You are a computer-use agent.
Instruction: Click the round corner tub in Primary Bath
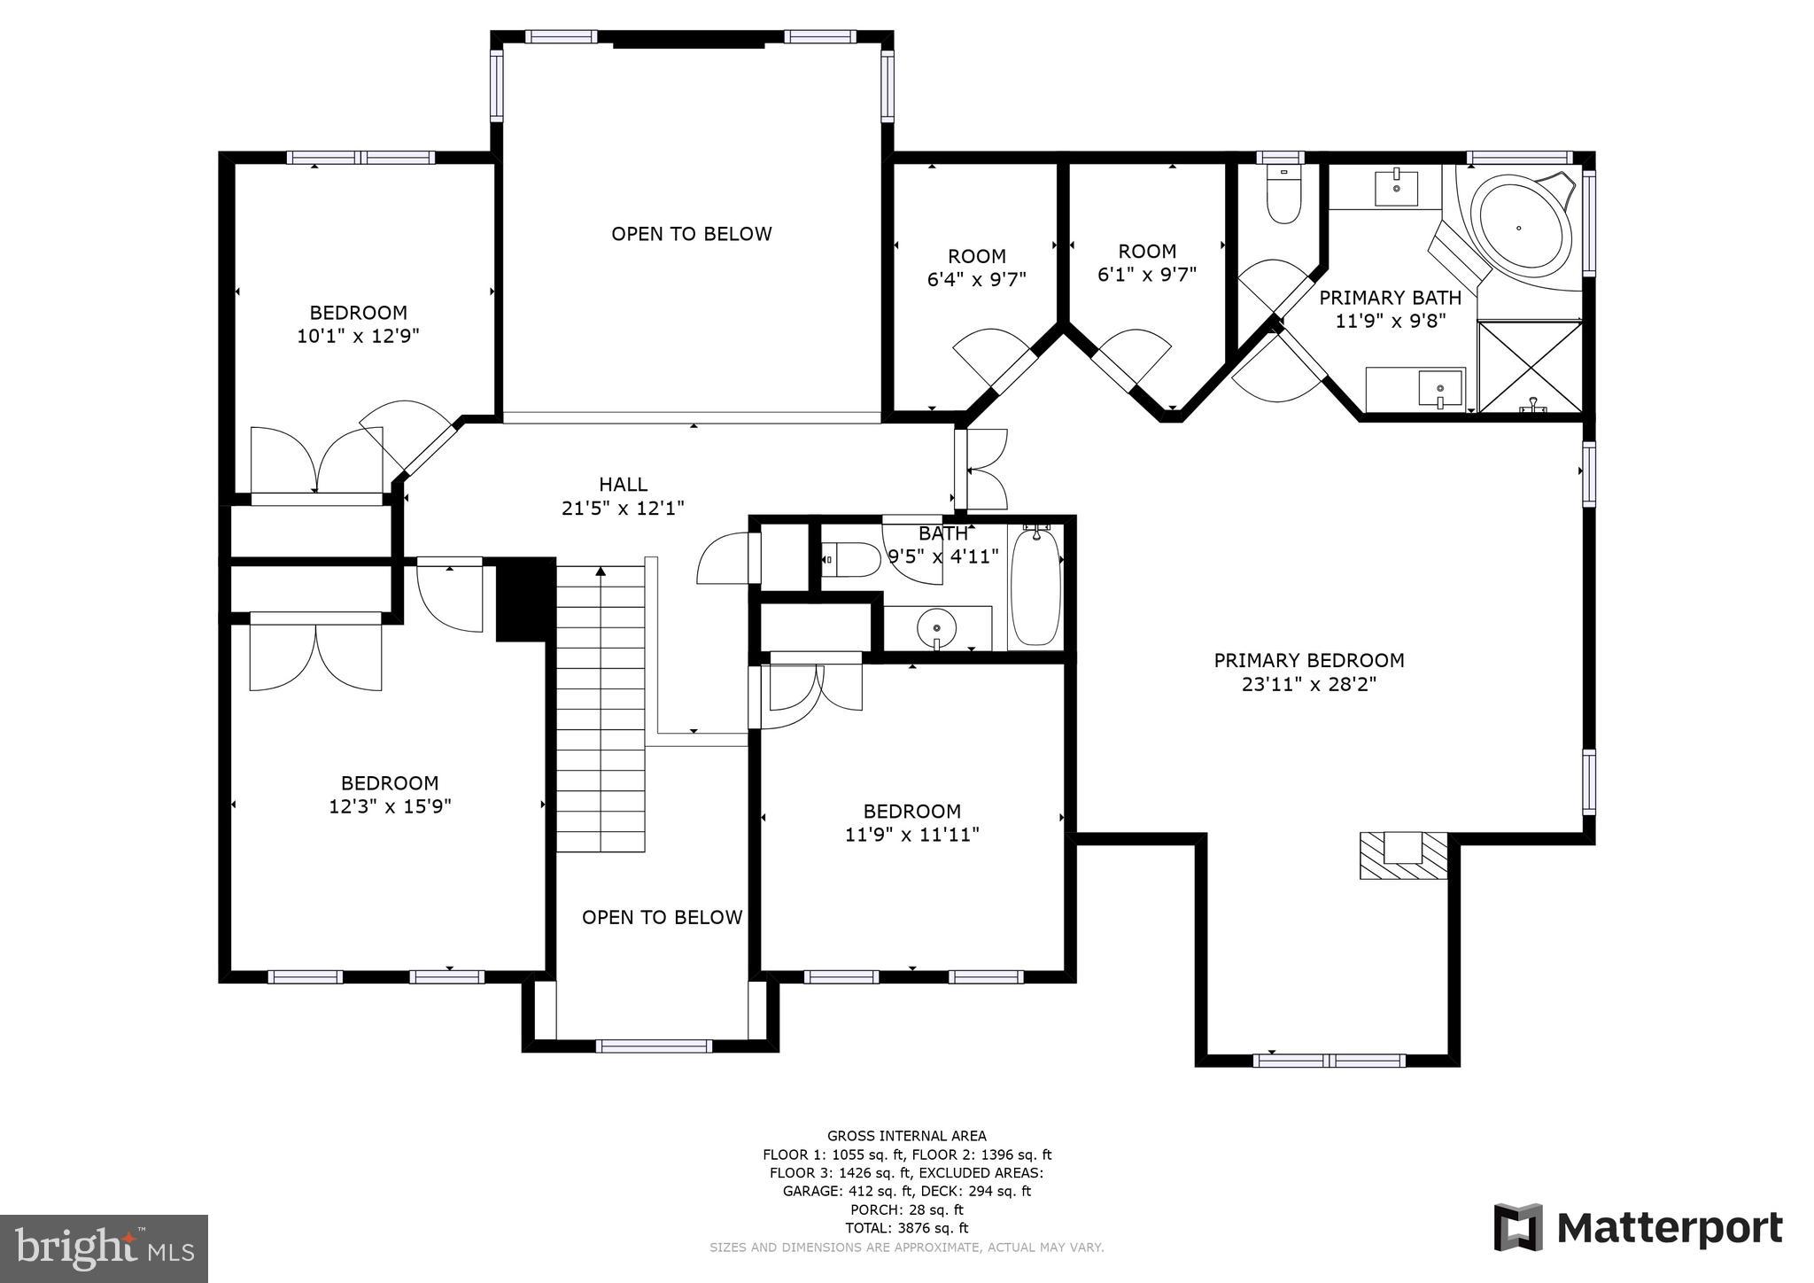click(1519, 227)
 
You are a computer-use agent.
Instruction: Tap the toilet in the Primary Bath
click(1283, 195)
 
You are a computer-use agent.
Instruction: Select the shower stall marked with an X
click(1530, 366)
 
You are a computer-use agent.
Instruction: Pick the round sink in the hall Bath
click(936, 628)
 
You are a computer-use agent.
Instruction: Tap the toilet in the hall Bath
click(851, 559)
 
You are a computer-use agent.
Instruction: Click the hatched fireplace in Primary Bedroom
click(1403, 856)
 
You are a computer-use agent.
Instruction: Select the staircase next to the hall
click(601, 709)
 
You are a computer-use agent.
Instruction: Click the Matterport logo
click(1638, 1228)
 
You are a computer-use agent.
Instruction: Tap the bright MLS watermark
click(104, 1248)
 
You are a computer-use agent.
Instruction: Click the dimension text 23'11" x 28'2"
click(1308, 684)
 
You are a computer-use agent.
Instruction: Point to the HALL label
click(623, 484)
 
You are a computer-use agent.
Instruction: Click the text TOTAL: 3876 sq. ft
click(906, 1228)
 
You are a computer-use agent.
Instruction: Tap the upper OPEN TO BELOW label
click(691, 234)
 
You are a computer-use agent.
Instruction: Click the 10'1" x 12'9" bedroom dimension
click(358, 336)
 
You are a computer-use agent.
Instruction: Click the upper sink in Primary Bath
click(1396, 188)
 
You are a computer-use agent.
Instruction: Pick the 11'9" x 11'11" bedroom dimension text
click(911, 835)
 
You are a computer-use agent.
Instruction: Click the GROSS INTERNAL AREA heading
click(906, 1136)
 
